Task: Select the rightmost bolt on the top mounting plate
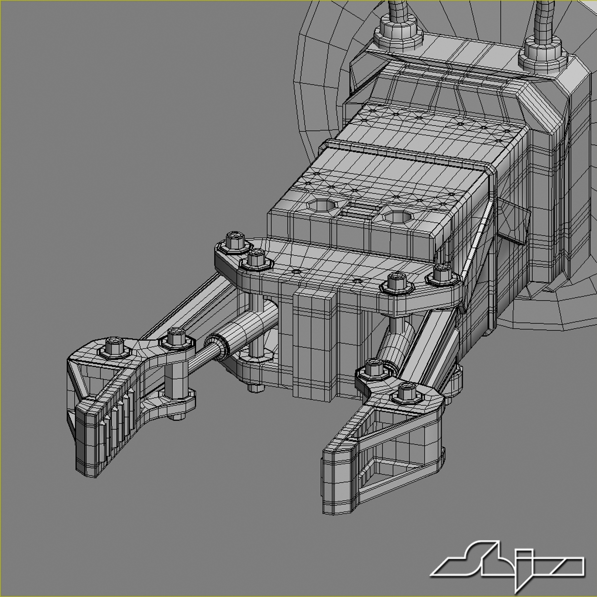(441, 274)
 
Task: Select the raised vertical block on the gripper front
(313, 343)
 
